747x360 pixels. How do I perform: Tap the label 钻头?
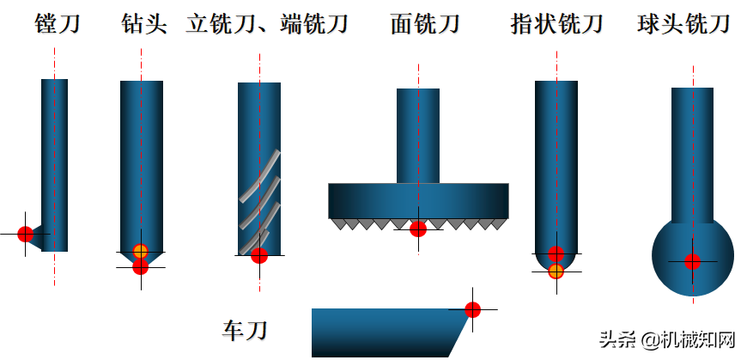(143, 23)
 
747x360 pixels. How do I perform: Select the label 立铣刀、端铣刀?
(267, 23)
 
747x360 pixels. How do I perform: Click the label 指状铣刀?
(557, 23)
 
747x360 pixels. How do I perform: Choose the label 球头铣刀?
(684, 23)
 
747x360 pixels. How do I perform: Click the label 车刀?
(246, 328)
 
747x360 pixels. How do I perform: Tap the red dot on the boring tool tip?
(26, 234)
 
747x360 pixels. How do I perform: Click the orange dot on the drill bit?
(141, 252)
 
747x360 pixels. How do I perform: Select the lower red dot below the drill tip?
(141, 267)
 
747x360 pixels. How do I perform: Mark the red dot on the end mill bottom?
(259, 255)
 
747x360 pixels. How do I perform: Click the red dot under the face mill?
(418, 229)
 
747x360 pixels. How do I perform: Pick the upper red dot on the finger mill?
(556, 254)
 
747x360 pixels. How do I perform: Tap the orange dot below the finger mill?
(556, 272)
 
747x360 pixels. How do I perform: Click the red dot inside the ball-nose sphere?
(693, 262)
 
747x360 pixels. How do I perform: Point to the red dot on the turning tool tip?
(472, 309)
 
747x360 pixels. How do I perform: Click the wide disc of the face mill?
(418, 200)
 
